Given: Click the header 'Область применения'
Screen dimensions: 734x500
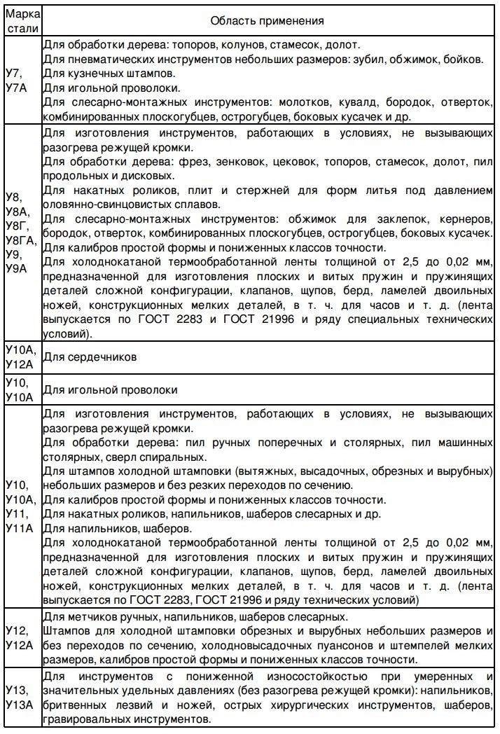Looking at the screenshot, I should click(267, 20).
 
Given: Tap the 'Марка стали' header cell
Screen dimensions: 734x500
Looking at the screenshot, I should click(22, 21).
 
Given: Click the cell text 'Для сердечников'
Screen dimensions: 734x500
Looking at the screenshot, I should click(89, 356).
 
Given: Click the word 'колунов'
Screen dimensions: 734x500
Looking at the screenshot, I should click(235, 43).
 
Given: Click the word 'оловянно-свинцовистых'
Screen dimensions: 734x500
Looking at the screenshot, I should click(100, 205).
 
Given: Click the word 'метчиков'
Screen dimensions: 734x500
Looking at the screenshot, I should click(89, 617).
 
